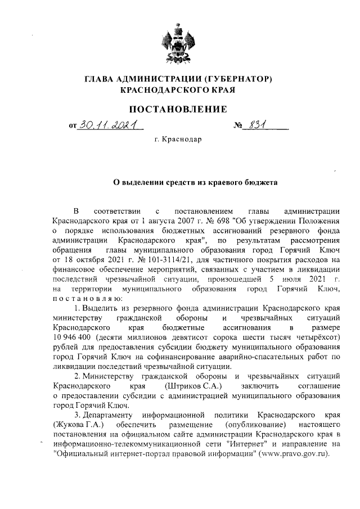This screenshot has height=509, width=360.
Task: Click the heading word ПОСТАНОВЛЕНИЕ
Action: [179, 109]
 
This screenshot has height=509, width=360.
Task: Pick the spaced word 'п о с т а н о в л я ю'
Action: [83, 298]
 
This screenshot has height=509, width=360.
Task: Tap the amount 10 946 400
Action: [72, 338]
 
